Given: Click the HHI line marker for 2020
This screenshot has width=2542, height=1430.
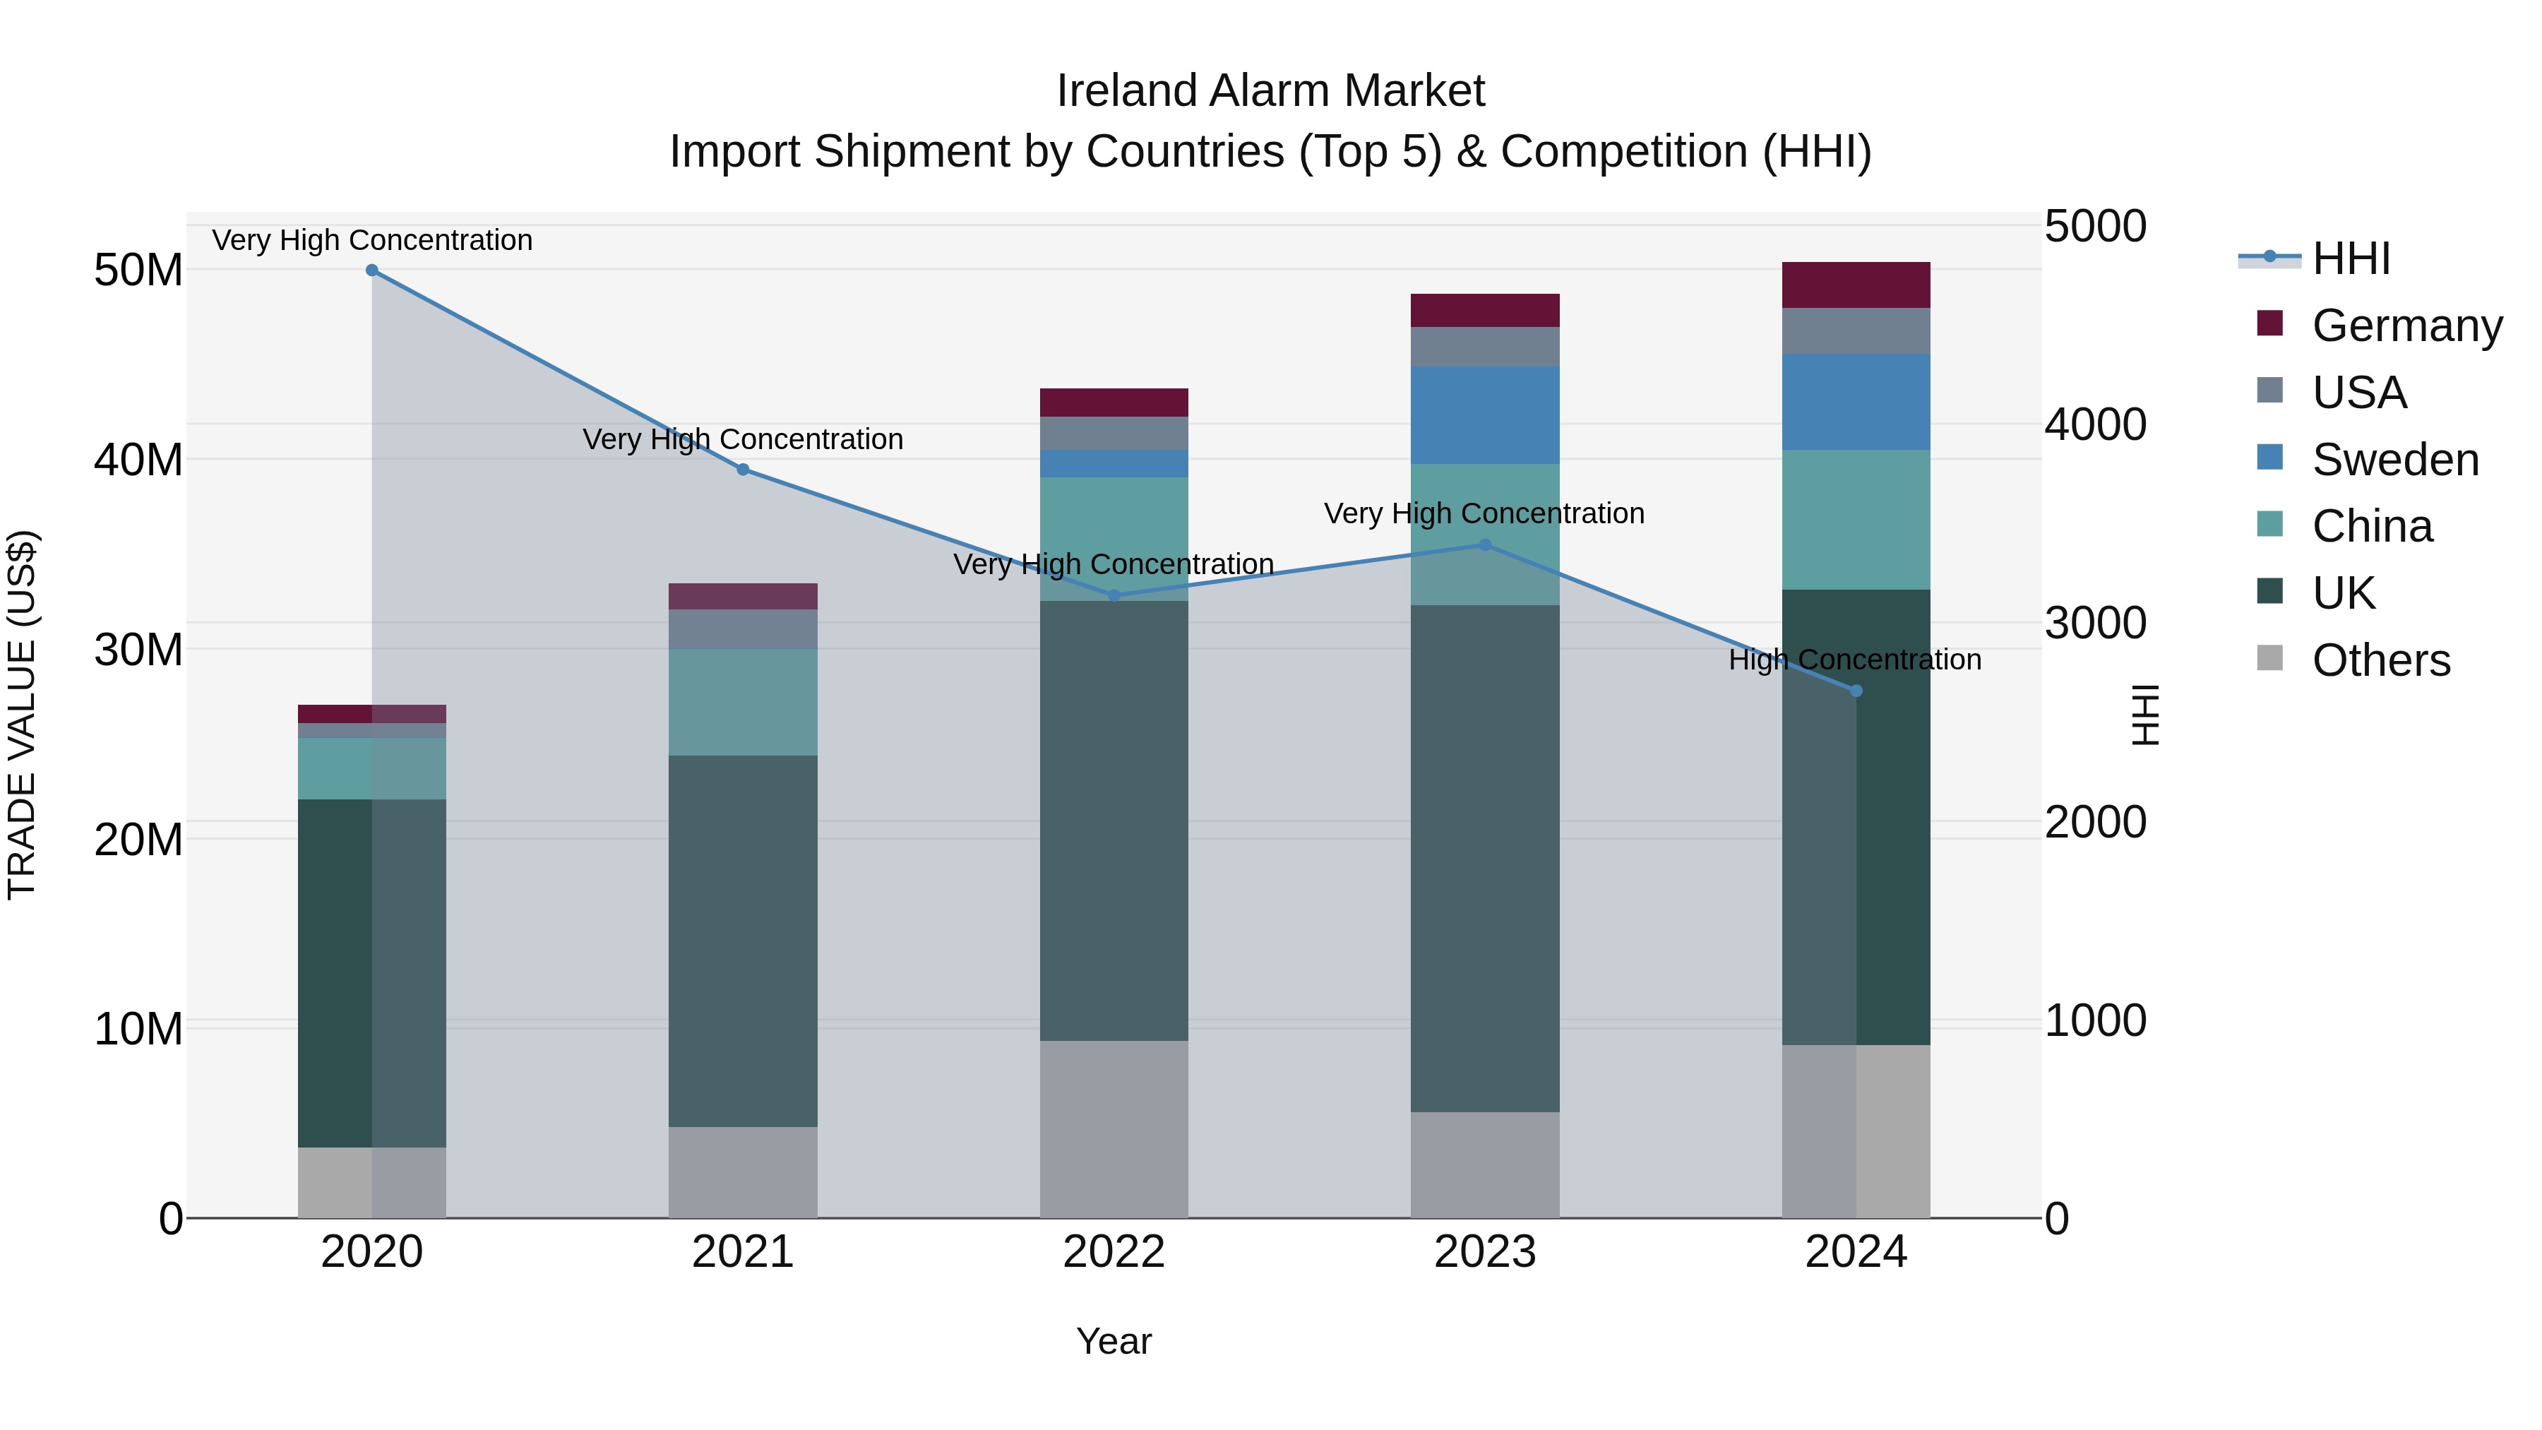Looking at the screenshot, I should coord(372,270).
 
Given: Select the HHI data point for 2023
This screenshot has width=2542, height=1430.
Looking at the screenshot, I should coord(1484,544).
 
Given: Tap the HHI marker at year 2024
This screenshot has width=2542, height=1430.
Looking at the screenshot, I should coord(1855,691).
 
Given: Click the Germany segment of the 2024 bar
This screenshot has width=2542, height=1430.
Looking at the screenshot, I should coord(1855,285).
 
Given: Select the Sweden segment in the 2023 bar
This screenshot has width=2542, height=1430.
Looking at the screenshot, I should coord(1484,415).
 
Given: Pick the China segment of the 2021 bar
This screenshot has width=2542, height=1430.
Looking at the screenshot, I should coord(742,702).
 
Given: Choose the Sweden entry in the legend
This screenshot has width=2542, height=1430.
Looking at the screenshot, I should coord(2395,460).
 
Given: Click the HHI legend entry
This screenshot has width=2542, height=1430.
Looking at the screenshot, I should coord(2351,258).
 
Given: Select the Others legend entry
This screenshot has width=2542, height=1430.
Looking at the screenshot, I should coord(2380,660).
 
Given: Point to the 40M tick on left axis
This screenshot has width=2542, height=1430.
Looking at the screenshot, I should coord(138,460).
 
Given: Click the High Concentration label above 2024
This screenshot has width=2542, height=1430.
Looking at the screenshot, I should coord(1854,660).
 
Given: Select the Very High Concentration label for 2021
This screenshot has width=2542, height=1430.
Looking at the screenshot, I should coord(742,439).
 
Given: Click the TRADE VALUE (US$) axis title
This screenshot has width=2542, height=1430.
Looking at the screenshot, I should coord(22,715).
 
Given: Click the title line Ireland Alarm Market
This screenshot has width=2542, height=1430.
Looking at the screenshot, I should coord(1270,91).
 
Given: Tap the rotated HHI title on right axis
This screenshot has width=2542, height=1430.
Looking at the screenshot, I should coord(2145,715).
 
